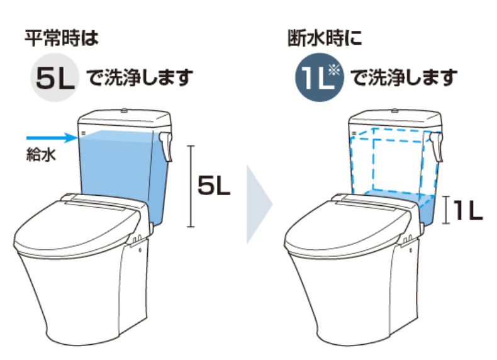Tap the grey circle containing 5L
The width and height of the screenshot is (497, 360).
(54, 78)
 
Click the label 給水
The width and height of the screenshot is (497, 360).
(41, 154)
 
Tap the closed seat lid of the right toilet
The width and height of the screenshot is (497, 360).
(349, 228)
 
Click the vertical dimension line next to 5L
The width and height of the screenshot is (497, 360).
(191, 186)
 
